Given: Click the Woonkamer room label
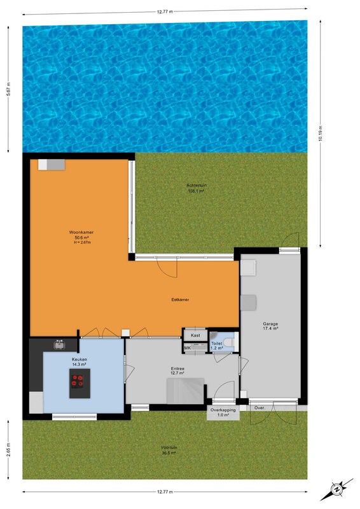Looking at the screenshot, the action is [81, 232].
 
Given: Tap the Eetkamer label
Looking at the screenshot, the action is [180, 300].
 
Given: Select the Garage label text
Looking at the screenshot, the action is [270, 324].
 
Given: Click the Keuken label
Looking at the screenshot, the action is [80, 359].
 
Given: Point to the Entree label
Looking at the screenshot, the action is [177, 369].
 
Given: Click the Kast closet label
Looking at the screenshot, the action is [195, 335].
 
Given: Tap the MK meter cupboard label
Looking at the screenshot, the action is [188, 348].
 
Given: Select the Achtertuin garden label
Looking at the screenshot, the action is [197, 185].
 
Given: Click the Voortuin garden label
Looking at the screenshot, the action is [169, 448].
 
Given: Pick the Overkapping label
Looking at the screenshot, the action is [223, 410].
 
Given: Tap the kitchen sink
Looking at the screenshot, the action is [59, 344].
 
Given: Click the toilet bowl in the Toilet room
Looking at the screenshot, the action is [228, 342].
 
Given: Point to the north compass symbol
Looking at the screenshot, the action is [336, 489].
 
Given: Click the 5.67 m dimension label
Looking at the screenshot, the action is [8, 88].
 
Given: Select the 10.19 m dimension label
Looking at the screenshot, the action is [321, 133].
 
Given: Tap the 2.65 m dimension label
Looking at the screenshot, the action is [8, 450].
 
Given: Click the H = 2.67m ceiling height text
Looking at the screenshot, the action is [81, 242].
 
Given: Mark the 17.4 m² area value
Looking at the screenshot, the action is [270, 328].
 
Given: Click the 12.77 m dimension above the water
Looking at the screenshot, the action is [165, 11].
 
